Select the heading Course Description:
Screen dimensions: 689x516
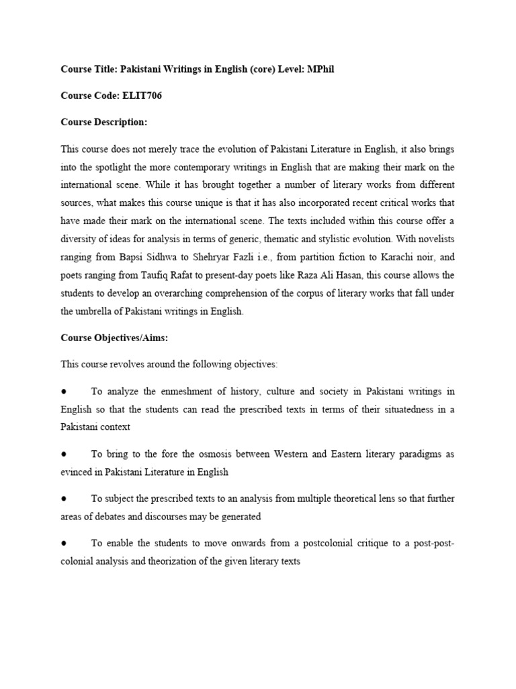[103, 122]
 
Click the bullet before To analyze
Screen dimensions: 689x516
[63, 391]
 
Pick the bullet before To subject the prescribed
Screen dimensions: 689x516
[63, 499]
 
